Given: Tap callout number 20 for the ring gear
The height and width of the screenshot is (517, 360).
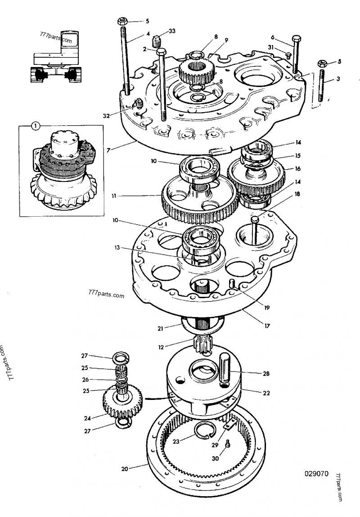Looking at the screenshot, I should (x=125, y=468).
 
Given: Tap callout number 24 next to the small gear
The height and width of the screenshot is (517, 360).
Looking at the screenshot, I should (x=87, y=418).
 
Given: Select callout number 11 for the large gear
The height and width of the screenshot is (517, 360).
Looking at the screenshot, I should (x=115, y=196).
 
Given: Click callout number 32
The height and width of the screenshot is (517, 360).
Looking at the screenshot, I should (x=106, y=116).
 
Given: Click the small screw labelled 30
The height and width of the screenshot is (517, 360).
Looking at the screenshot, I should (x=228, y=444).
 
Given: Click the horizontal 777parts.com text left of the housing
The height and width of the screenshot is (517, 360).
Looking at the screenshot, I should (x=106, y=295).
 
